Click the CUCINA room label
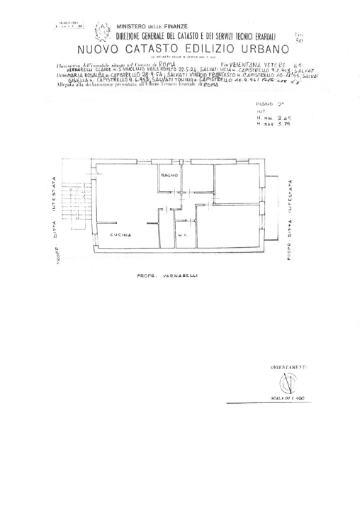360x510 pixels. click(x=120, y=234)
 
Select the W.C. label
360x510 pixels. click(x=182, y=234)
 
